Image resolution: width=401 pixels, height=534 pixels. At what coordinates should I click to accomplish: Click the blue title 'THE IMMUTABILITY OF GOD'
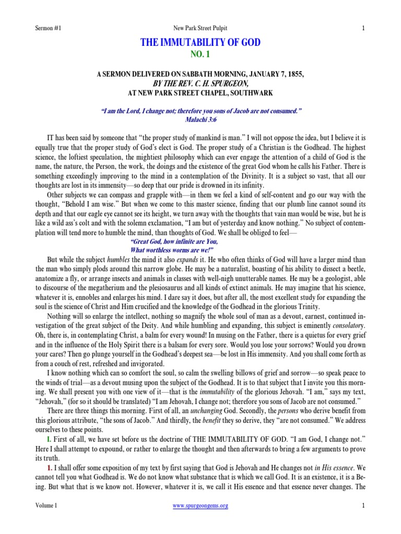pos(200,43)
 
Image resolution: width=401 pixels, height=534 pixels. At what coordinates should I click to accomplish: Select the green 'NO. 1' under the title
pos(200,54)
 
